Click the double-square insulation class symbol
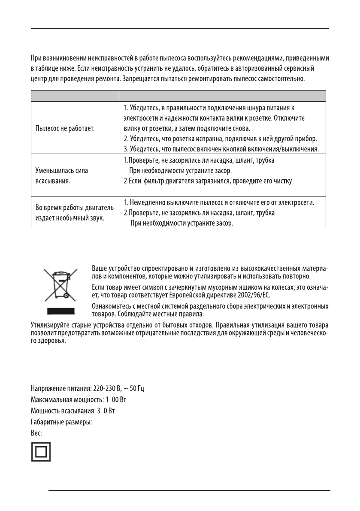click(x=41, y=452)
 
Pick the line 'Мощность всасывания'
click(x=73, y=411)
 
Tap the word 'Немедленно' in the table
click(x=149, y=202)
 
